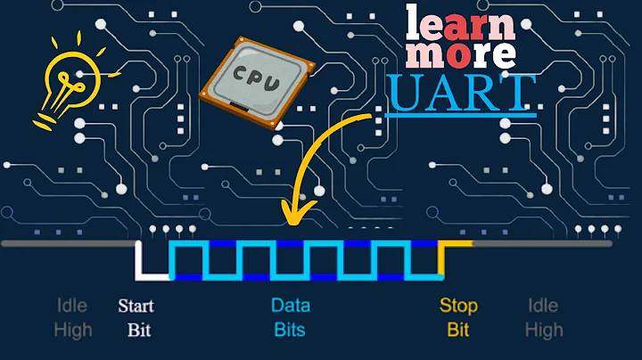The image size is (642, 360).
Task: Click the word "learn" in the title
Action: point(460,22)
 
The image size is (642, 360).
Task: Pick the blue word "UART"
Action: point(461,93)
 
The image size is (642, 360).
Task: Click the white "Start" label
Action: point(136,307)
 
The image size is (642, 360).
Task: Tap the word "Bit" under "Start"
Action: point(139,330)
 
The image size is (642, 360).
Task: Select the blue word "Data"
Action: point(291,307)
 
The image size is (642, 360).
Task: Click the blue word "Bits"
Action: point(291,330)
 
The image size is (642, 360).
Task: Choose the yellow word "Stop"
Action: point(458,307)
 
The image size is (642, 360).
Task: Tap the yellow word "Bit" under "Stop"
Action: point(458,330)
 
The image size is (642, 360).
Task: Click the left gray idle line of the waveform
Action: point(67,242)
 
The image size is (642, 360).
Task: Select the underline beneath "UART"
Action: point(461,115)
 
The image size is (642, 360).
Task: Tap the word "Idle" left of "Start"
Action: point(73,307)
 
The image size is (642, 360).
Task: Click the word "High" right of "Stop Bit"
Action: point(543,330)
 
